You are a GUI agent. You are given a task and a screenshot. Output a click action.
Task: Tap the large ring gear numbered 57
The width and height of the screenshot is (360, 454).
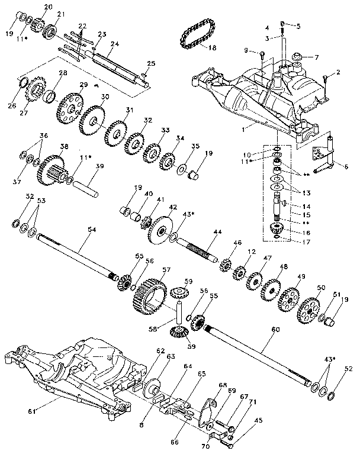click(150, 296)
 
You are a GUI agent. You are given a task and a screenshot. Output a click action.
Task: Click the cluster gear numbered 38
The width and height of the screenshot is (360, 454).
click(52, 168)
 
